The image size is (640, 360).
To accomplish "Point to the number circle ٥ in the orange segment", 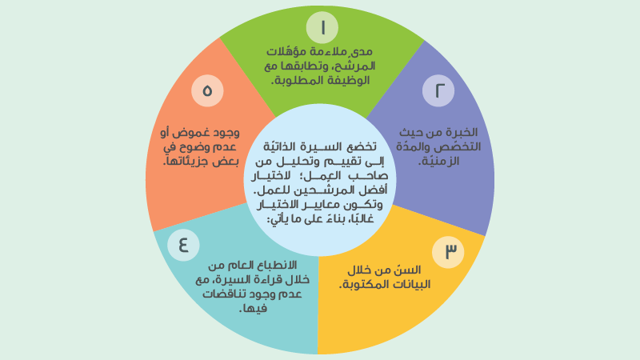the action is [207, 90].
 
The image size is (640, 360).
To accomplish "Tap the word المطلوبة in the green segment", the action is [301, 82].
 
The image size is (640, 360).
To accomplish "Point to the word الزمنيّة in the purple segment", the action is [447, 161].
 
